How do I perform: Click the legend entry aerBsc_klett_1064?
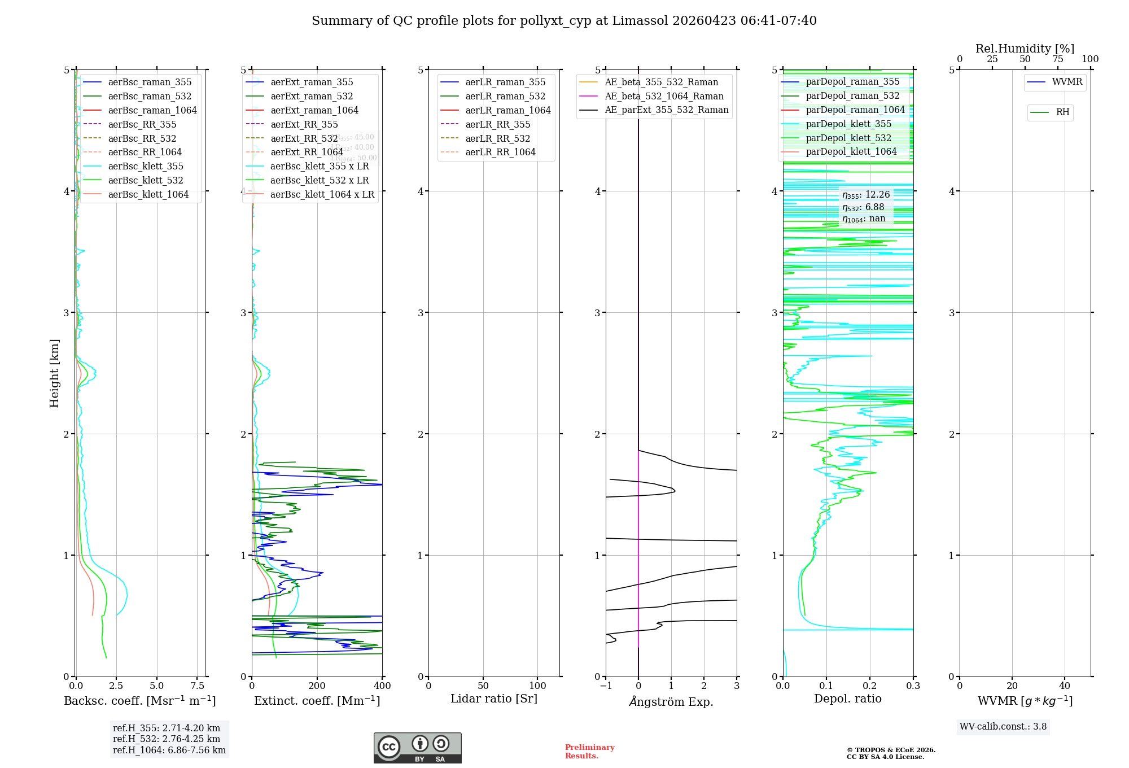click(148, 194)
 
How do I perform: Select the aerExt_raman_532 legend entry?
click(311, 96)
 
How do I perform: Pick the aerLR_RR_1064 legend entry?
click(500, 152)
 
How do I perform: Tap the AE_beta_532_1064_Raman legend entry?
click(664, 96)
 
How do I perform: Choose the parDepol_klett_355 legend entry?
click(848, 124)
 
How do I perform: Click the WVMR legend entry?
click(1067, 82)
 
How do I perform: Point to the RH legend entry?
click(1062, 112)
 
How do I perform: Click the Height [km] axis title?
click(54, 373)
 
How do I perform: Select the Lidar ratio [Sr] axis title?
click(494, 699)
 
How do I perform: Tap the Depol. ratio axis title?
click(847, 699)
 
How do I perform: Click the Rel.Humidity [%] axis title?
click(1025, 49)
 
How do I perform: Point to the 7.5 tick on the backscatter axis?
click(197, 686)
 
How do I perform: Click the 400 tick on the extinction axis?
click(382, 686)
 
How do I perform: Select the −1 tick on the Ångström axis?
click(606, 686)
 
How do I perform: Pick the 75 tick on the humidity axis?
click(1057, 59)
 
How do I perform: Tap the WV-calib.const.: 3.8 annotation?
click(1003, 727)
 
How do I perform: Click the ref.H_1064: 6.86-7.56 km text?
click(169, 750)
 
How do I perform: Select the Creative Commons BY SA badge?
click(417, 748)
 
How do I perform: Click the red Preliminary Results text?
click(589, 752)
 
